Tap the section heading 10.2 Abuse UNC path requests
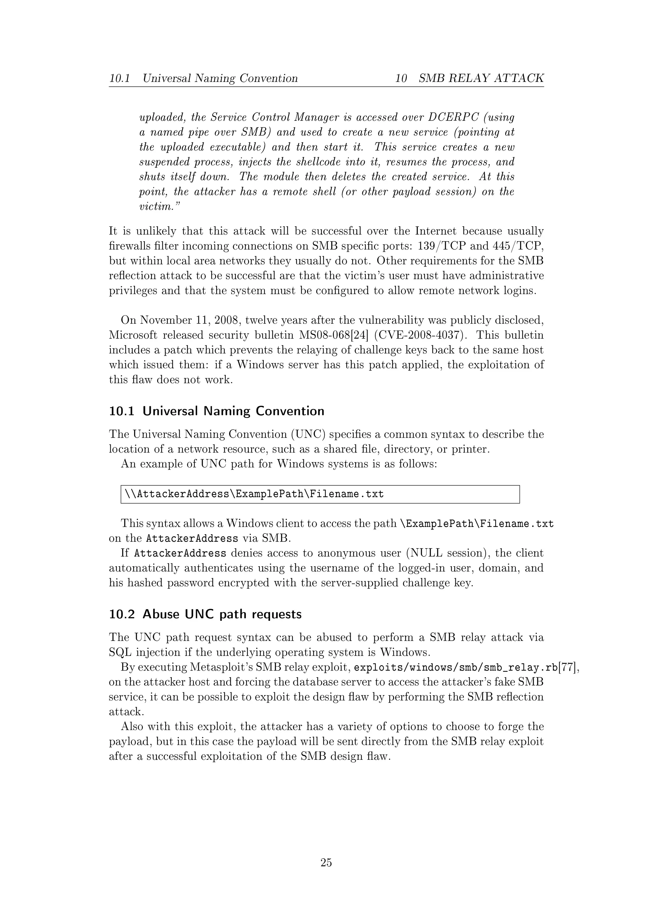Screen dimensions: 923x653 (205, 614)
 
